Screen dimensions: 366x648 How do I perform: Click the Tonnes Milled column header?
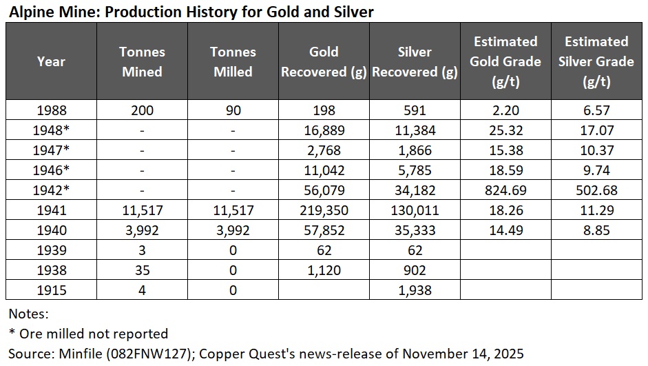click(x=233, y=61)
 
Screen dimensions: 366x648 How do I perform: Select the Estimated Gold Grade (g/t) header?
click(x=505, y=61)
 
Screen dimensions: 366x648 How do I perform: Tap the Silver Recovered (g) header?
click(x=415, y=61)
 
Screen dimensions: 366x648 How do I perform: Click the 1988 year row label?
click(x=51, y=110)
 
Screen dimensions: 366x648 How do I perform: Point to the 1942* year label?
click(x=51, y=190)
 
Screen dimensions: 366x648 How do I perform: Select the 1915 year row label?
click(x=51, y=289)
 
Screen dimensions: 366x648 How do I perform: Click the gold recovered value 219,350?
click(x=323, y=210)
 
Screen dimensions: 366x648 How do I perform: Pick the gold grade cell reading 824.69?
click(x=505, y=190)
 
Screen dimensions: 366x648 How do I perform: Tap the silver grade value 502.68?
click(x=596, y=190)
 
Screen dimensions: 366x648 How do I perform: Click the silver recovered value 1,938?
click(x=415, y=289)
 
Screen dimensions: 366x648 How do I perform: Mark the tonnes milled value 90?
click(x=233, y=110)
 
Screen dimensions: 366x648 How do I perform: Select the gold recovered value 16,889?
click(x=323, y=130)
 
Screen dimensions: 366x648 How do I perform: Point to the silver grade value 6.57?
click(x=596, y=110)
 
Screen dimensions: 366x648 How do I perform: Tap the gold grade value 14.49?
click(x=505, y=230)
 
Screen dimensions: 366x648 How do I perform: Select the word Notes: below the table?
click(x=28, y=314)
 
